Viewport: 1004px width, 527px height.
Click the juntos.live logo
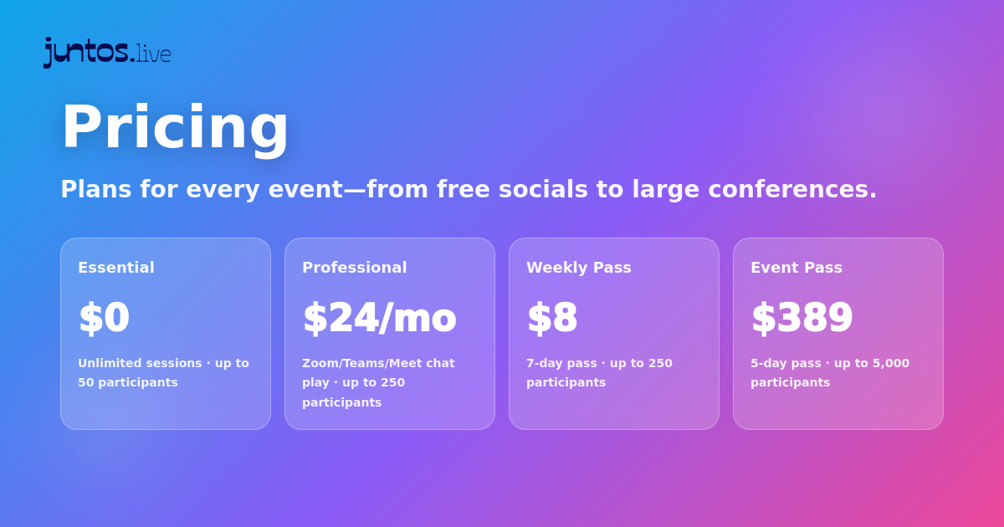pos(107,52)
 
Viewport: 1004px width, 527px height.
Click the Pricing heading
pos(175,127)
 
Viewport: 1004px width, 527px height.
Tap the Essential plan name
pos(116,268)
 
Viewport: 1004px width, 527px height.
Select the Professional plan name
pos(354,268)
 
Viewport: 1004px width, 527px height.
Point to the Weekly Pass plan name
pos(578,268)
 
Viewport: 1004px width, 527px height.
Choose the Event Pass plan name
pos(796,268)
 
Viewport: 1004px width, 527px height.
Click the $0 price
pos(104,318)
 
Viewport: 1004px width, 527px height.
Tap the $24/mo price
pos(379,318)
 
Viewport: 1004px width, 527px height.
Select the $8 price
pos(551,318)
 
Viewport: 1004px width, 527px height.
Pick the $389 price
pos(802,318)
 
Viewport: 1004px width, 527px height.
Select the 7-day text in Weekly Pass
pos(546,363)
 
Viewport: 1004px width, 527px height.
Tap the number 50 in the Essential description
pos(86,382)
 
